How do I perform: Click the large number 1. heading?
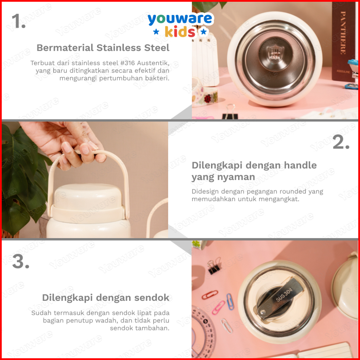[x=18, y=21]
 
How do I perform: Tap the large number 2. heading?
[x=341, y=143]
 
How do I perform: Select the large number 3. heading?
[x=21, y=261]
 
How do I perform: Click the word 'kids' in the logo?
[x=180, y=32]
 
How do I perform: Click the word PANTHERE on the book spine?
[x=343, y=33]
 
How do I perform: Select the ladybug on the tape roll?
[x=207, y=99]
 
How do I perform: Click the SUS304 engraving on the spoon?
[x=284, y=295]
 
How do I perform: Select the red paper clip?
[x=210, y=295]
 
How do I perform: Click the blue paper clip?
[x=230, y=302]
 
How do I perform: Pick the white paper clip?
[x=227, y=326]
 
